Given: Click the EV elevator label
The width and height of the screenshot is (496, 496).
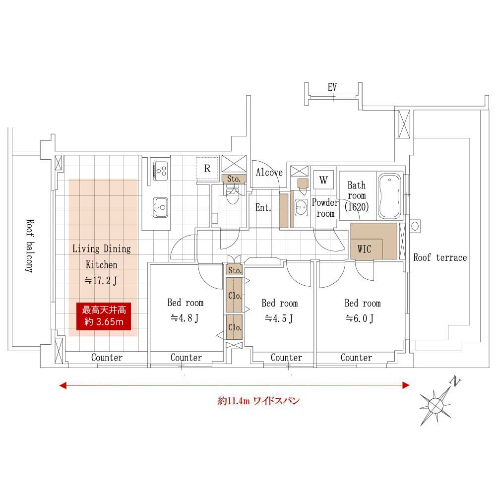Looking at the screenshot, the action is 332,87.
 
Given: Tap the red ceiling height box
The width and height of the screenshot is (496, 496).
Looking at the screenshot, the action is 104,316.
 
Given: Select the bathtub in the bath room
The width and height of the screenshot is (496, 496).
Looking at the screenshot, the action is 389,196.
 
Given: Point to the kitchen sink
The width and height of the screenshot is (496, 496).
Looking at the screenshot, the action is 160,207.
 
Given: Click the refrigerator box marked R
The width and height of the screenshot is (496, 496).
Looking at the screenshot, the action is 207,168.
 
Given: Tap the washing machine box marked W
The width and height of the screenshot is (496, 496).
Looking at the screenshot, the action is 323,180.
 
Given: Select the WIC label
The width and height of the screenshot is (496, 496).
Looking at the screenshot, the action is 365,249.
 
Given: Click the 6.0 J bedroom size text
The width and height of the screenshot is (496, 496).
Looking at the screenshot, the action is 360,318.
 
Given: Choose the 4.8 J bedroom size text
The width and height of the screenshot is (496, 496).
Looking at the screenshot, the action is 185,318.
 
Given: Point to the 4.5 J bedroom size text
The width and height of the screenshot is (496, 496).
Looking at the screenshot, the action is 279,318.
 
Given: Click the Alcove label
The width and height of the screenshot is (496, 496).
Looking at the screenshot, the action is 269,173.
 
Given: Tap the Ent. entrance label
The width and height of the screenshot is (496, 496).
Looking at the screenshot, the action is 263,207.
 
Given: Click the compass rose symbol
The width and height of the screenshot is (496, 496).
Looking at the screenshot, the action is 436,405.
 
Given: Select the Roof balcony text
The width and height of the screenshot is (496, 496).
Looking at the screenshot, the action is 30,246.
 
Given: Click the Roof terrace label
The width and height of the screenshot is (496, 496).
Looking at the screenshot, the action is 440,257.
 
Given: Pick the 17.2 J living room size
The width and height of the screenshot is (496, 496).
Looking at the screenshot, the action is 101,281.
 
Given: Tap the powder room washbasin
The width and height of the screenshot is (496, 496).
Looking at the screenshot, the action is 301,207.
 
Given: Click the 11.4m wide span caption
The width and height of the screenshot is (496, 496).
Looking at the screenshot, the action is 259,401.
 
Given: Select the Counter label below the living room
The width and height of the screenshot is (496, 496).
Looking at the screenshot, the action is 107,358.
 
